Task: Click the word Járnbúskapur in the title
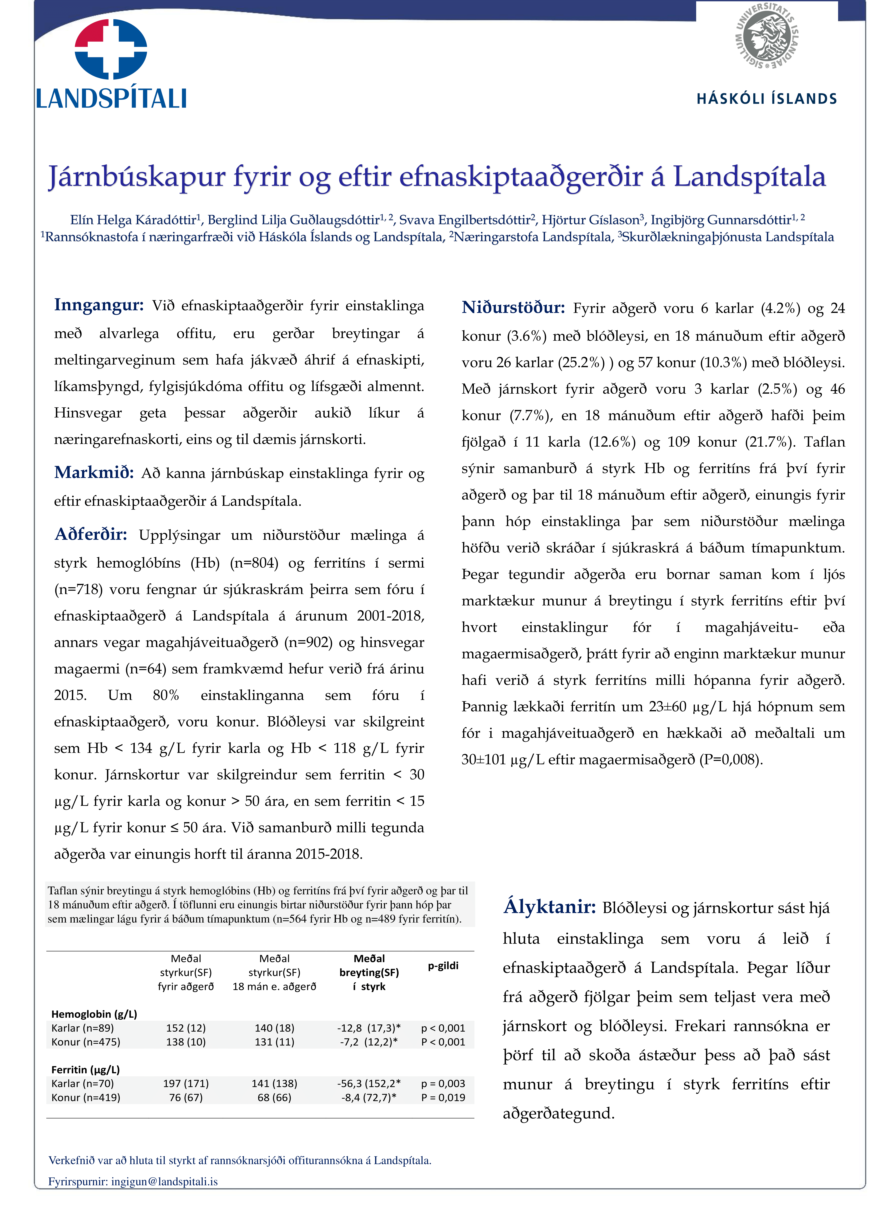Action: [x=136, y=177]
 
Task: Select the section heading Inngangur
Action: [x=99, y=305]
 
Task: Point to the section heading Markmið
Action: [x=94, y=473]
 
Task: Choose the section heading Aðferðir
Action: [x=90, y=534]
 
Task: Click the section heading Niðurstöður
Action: [x=513, y=308]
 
